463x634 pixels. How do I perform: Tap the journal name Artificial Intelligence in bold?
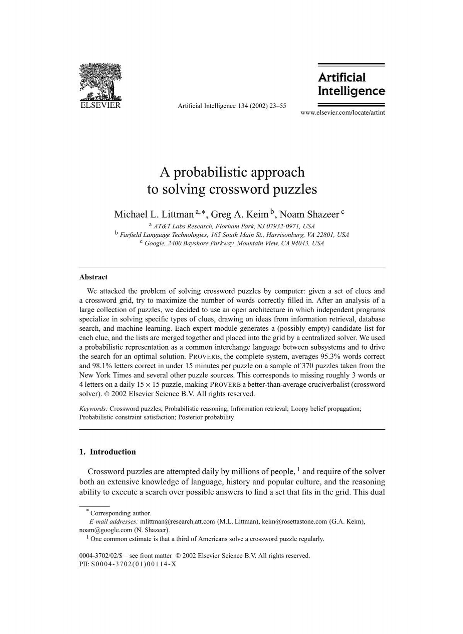click(x=351, y=84)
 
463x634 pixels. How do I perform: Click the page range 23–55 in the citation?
click(x=278, y=105)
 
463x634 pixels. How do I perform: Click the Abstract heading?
click(x=93, y=277)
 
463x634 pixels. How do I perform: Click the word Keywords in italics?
click(x=93, y=408)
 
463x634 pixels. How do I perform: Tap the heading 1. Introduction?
click(x=107, y=452)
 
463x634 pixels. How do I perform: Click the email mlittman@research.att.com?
click(x=177, y=522)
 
